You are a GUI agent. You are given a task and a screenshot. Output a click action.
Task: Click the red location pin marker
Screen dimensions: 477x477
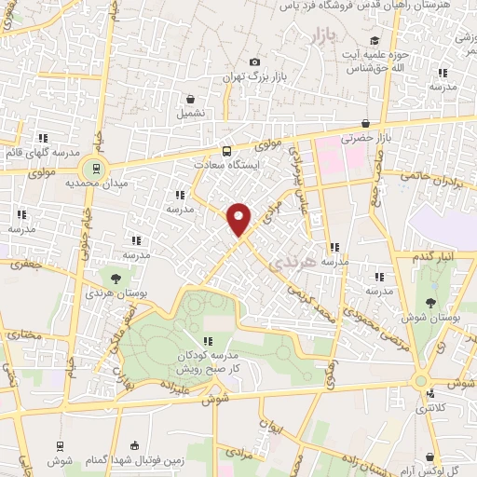click(x=239, y=219)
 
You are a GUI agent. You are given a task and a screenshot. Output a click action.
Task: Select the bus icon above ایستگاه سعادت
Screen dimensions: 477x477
click(x=227, y=150)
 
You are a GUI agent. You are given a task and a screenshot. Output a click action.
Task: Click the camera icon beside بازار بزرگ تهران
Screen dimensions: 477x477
click(x=255, y=61)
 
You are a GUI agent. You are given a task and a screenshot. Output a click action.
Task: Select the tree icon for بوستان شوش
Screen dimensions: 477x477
click(x=429, y=303)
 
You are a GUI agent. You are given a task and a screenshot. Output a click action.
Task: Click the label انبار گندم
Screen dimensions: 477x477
click(x=432, y=255)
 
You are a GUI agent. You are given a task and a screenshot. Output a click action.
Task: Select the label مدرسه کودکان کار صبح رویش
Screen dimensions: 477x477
click(x=208, y=363)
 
